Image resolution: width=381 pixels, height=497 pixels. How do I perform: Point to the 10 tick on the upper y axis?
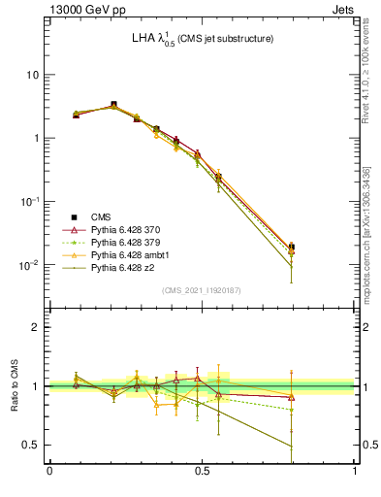32,75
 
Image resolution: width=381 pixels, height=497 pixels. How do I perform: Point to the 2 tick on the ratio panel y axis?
36,327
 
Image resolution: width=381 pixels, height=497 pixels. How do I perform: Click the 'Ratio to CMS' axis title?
13,388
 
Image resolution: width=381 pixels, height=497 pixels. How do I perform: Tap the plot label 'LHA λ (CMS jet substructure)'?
202,39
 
